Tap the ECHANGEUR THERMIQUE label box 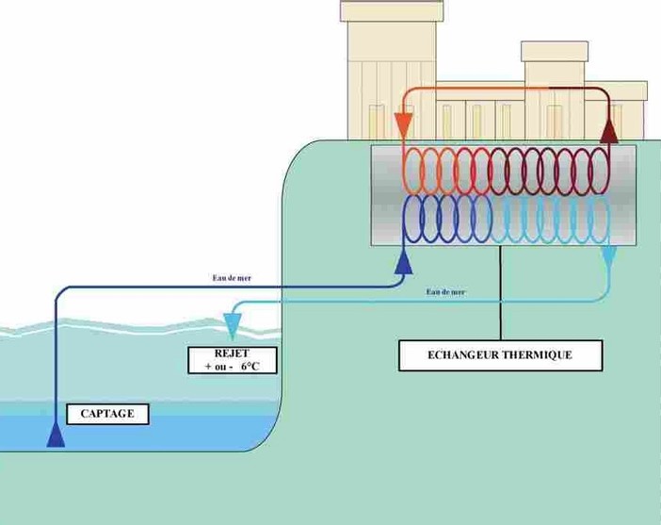coord(498,355)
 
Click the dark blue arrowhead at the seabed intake coord(56,435)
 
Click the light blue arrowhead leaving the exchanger coord(609,255)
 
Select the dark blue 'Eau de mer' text coord(232,278)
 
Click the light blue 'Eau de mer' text coord(445,292)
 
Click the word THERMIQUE coord(535,355)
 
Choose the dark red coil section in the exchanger coord(556,171)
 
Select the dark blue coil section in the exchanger coord(447,220)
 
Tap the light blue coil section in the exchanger coord(556,220)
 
